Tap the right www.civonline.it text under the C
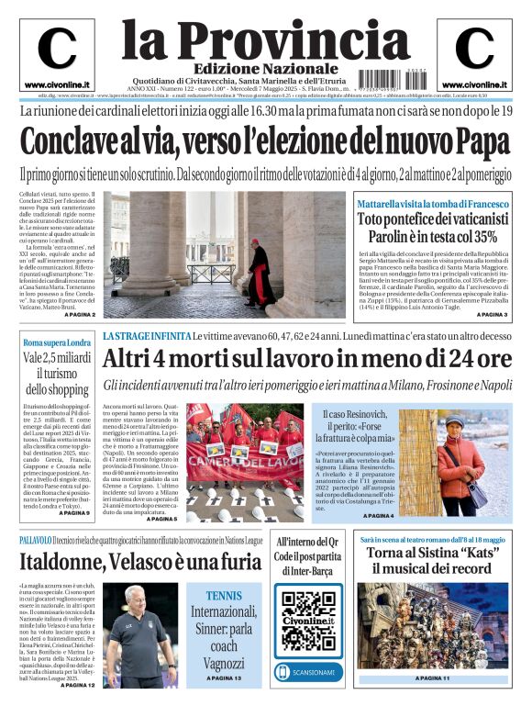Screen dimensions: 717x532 [474, 84]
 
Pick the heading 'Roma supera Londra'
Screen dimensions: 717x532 [57, 342]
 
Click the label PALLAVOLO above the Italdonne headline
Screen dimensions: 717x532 [40, 540]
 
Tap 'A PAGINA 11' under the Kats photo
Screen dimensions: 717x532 [433, 678]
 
